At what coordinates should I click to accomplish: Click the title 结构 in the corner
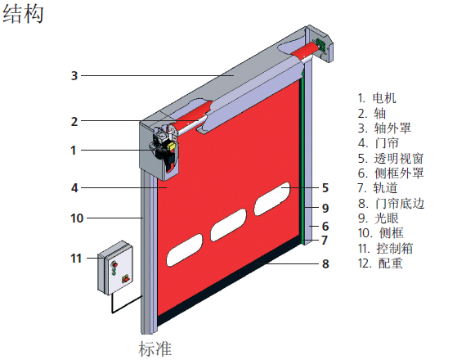(23, 14)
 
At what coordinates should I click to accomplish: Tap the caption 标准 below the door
(155, 349)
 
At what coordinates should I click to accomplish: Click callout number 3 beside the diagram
(74, 76)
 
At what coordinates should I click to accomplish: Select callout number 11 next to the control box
(76, 259)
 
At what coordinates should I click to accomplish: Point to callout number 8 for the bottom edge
(325, 264)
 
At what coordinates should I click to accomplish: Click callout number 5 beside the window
(325, 188)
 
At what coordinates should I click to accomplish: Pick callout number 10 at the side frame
(77, 218)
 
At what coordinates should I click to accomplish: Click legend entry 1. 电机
(377, 98)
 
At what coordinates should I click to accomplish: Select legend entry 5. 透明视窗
(391, 159)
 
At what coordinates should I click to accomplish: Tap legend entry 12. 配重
(380, 263)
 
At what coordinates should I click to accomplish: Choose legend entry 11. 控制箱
(385, 248)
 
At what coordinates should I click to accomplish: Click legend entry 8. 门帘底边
(391, 204)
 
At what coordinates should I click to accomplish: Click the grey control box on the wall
(115, 268)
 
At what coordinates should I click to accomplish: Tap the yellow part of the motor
(171, 146)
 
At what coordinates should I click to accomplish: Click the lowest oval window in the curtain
(184, 250)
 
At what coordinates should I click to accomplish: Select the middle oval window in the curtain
(228, 225)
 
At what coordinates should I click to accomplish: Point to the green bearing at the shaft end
(321, 46)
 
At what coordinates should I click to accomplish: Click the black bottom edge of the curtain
(230, 284)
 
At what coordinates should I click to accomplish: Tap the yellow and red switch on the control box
(126, 279)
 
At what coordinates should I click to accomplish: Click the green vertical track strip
(303, 158)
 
